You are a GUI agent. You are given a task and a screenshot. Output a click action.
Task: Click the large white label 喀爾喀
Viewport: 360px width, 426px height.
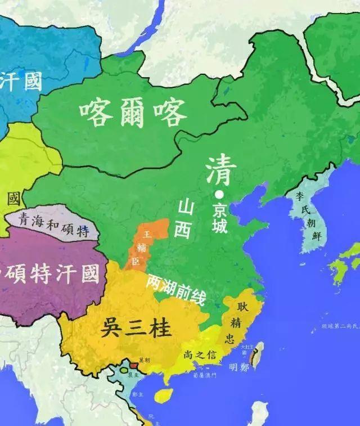coord(133,113)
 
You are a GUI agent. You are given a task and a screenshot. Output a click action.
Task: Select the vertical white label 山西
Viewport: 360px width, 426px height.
coord(183,219)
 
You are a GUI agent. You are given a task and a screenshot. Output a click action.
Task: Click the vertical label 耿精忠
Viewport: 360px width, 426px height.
coord(233,322)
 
